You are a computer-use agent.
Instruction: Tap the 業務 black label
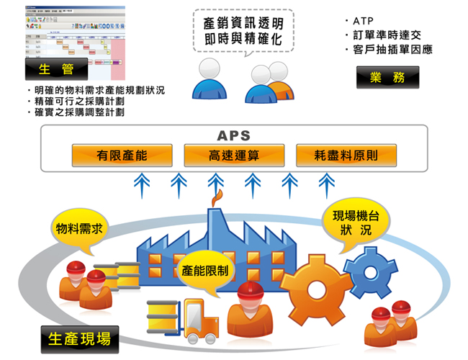tap(387, 77)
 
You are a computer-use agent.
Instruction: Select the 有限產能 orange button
tap(122, 155)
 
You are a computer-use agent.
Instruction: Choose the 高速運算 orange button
tap(234, 155)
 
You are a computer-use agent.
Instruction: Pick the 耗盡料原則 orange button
tap(346, 155)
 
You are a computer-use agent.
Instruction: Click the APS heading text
tap(233, 135)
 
